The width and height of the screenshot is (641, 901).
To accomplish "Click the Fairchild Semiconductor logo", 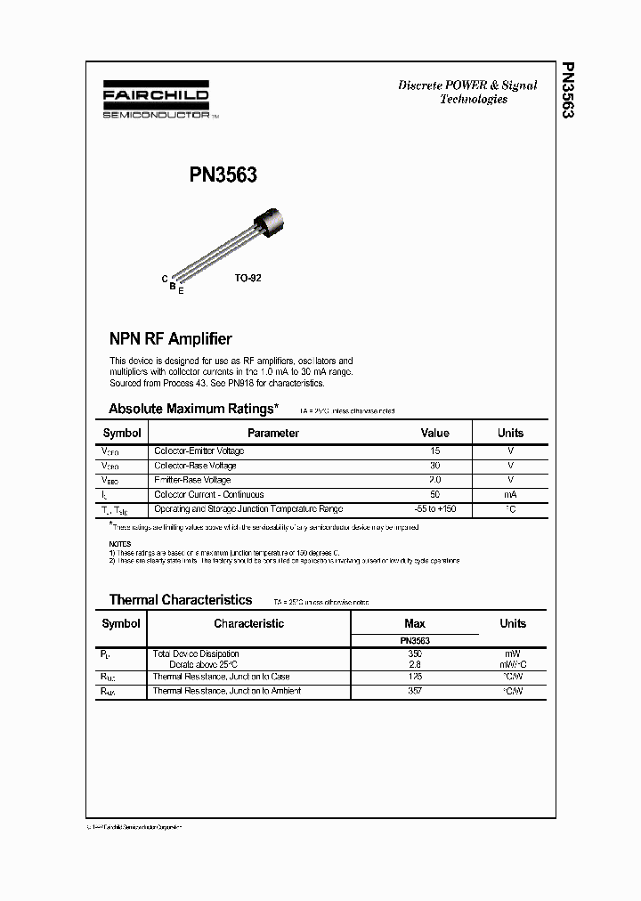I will coord(156,103).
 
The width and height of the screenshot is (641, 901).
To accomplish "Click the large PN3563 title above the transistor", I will coord(223,175).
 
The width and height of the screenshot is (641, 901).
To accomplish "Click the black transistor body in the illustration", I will coord(272,215).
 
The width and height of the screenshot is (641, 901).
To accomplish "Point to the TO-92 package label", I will coord(247,278).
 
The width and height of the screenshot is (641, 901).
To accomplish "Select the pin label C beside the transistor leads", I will coord(165,279).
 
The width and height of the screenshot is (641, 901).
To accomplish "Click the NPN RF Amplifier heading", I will coord(170,338).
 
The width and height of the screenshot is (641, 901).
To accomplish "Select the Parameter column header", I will coord(272,433).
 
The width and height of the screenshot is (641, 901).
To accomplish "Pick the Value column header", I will coord(434,433).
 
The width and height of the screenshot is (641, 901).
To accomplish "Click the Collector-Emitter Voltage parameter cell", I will coord(199,450).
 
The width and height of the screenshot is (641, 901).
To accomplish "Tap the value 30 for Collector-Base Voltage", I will coord(434,466).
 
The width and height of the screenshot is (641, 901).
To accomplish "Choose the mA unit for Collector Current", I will coord(510,494).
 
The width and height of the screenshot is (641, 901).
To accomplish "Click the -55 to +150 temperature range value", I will coord(434,509).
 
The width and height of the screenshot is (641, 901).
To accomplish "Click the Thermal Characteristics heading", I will coord(181,600).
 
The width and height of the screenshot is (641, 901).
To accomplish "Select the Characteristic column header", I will coord(248,623).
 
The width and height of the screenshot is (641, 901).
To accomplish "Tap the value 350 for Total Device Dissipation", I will coord(415,653).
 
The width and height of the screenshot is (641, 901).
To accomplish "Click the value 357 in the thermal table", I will coord(415,691).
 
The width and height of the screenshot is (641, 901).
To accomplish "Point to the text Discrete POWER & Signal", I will coord(467,85).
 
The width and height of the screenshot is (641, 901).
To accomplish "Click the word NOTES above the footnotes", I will coord(119,543).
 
